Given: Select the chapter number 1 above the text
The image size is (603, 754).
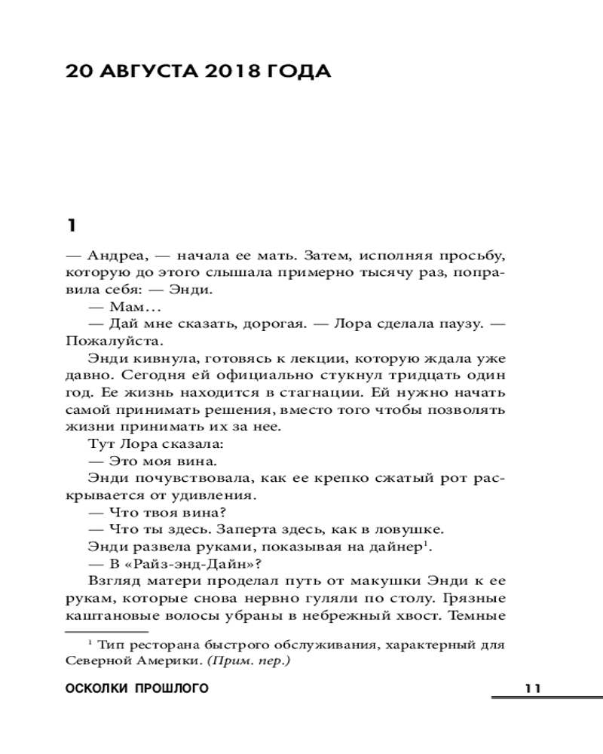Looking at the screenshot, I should [72, 225].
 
